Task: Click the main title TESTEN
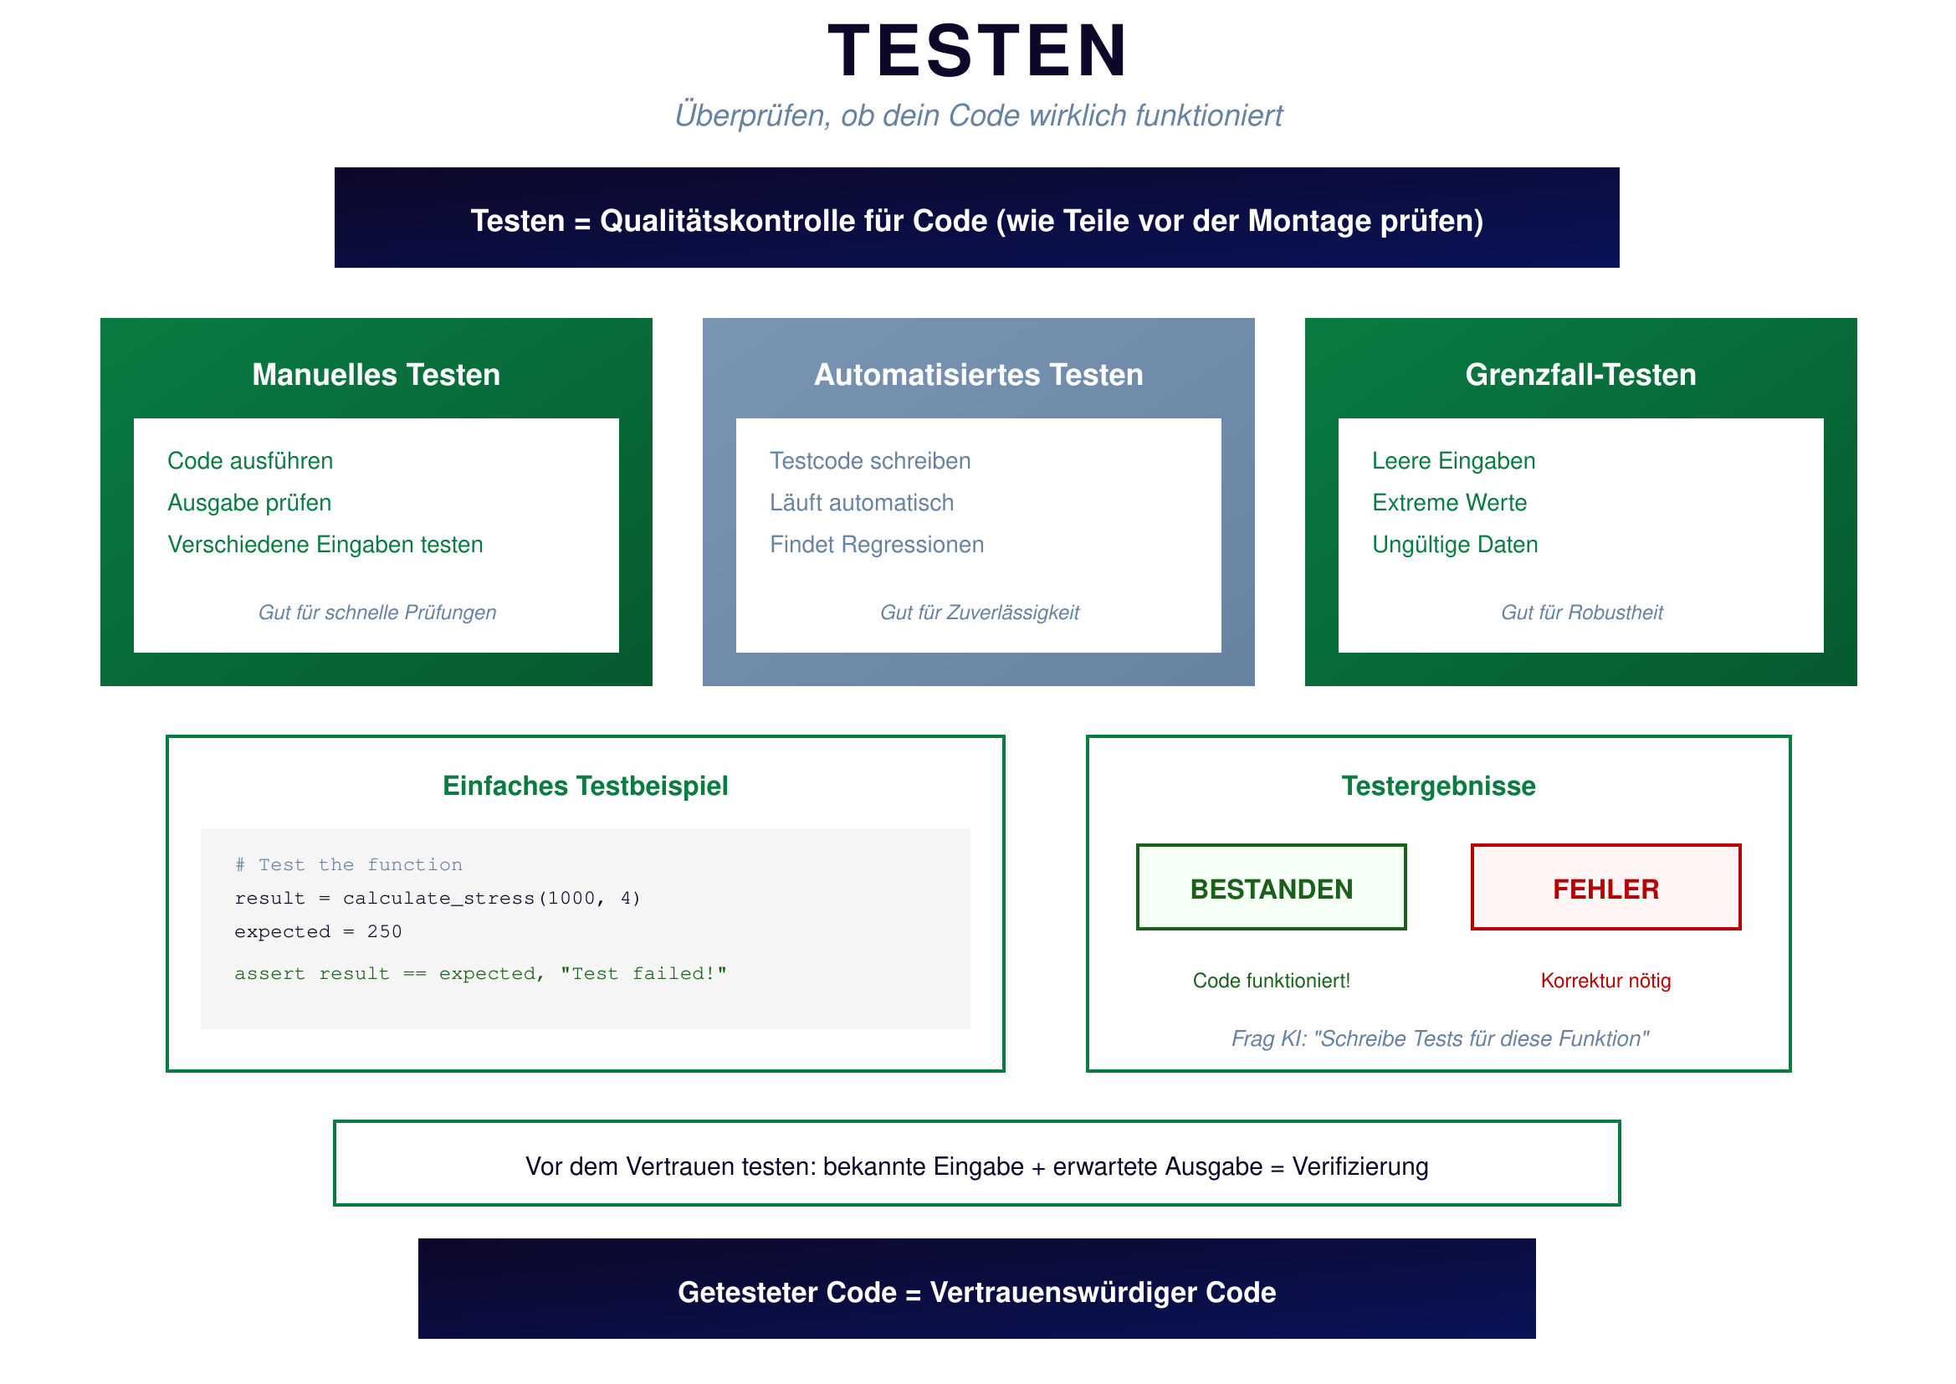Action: tap(977, 51)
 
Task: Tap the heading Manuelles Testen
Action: tap(376, 375)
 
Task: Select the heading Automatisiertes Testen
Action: tap(978, 375)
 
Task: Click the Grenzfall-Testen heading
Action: tap(1580, 375)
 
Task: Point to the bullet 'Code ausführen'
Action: tap(249, 461)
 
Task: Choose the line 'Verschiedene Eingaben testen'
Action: tap(325, 545)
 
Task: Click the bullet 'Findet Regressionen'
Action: tap(877, 545)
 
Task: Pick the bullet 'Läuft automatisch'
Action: tap(861, 503)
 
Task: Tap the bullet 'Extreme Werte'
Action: tap(1449, 503)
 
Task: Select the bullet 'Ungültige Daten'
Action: tap(1455, 545)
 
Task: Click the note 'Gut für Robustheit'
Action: tap(1581, 613)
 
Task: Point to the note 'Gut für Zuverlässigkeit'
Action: tap(979, 613)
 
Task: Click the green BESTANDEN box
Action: tap(1271, 887)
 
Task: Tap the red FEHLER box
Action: tap(1605, 887)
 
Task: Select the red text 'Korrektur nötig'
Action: tap(1605, 981)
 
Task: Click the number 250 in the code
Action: tap(384, 932)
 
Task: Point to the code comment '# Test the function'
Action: tap(348, 865)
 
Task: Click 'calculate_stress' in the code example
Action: tap(438, 898)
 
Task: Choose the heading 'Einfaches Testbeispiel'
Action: tap(586, 786)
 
